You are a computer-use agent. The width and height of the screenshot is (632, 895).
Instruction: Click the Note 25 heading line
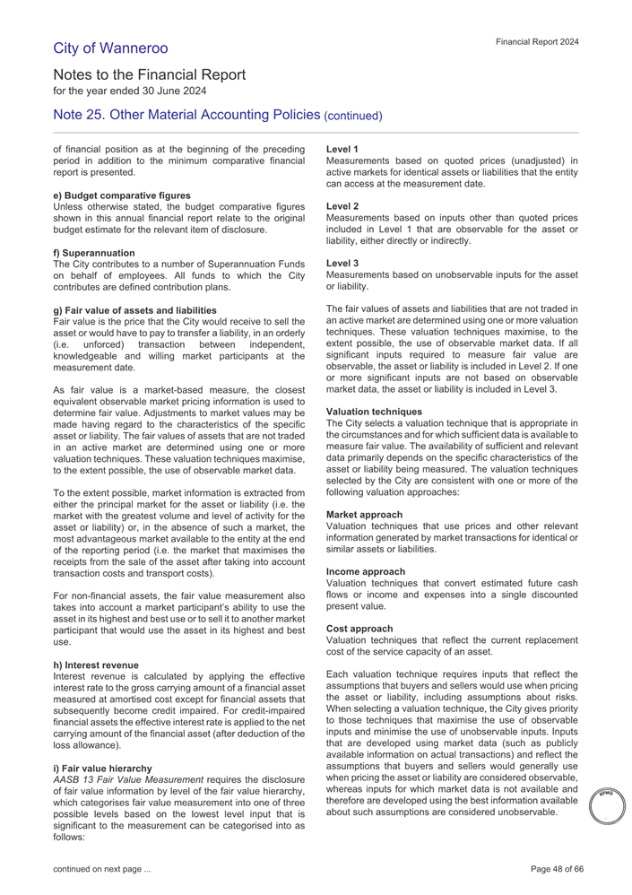pos(218,116)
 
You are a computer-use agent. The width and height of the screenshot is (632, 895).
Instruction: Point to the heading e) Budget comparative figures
pos(122,196)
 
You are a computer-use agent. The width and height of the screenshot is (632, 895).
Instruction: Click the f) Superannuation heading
pos(94,253)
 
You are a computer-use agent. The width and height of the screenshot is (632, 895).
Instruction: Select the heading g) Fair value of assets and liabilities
pos(135,310)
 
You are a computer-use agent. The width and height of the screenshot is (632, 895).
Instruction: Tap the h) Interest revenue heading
pos(96,665)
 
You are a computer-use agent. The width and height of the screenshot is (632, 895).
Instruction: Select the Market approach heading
pos(365,515)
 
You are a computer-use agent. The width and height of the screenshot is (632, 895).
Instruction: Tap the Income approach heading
pos(366,571)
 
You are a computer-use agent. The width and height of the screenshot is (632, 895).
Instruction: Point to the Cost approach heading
pos(359,629)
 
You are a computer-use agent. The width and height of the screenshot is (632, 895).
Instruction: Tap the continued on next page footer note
pos(102,870)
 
